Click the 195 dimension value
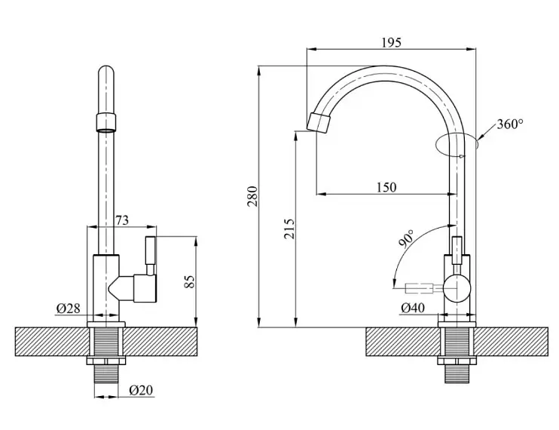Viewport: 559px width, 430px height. [x=391, y=42]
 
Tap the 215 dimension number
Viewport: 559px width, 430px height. [x=289, y=229]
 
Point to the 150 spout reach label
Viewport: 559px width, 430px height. [x=386, y=187]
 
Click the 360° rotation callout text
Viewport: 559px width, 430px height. [x=510, y=124]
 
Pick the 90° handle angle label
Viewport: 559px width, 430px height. [x=407, y=238]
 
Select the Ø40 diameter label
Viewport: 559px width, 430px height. [x=413, y=307]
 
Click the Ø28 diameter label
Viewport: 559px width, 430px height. [x=69, y=308]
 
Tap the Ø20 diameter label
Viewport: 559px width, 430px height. [x=141, y=390]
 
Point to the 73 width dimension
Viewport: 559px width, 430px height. [x=122, y=220]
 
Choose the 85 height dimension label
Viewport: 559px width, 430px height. [x=189, y=281]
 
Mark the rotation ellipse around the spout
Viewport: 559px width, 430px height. [x=457, y=144]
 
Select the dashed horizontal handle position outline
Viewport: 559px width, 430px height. [x=419, y=288]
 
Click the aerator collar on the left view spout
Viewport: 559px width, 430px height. [x=106, y=122]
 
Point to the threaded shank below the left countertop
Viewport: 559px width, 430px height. [x=106, y=373]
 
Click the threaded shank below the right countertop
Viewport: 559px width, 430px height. [x=457, y=373]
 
